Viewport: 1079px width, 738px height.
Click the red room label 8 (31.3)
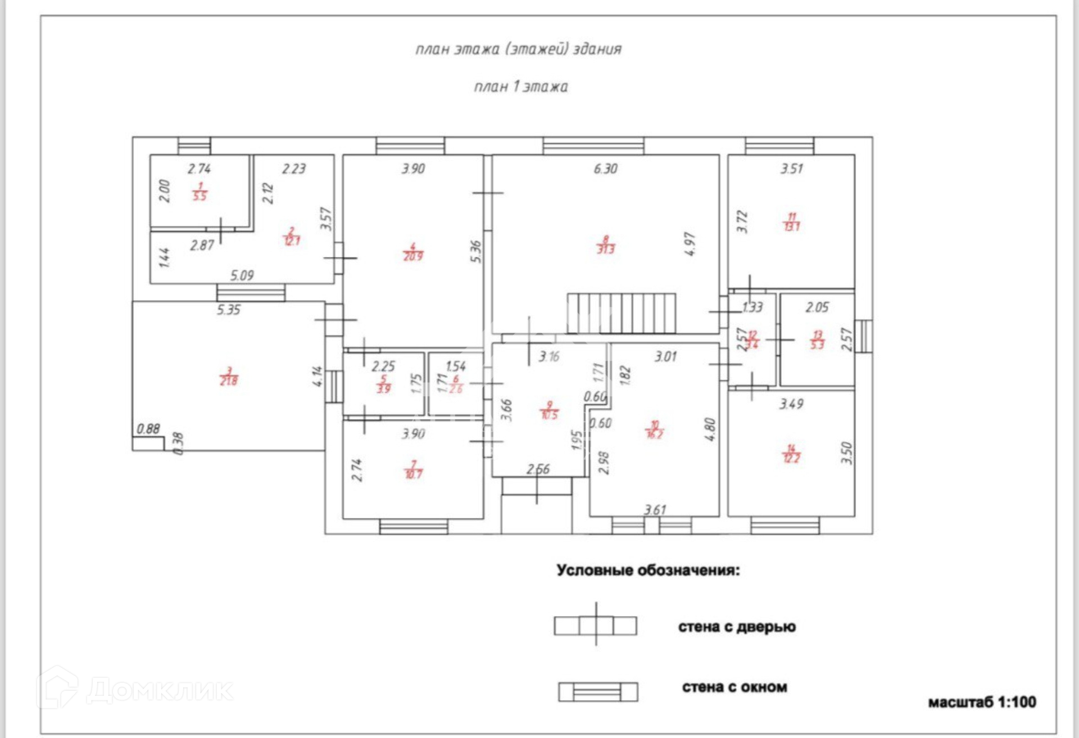605,245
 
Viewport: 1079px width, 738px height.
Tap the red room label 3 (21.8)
229,377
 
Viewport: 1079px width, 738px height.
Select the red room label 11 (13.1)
792,222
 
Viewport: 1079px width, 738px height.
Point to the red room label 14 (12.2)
791,454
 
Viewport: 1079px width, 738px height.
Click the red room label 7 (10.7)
414,470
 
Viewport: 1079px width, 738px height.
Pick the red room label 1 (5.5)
200,192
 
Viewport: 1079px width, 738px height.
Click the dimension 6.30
605,169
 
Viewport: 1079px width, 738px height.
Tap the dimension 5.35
229,310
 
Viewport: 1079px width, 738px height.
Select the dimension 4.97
690,244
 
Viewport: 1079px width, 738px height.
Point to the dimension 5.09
242,275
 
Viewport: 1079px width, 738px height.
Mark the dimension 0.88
148,429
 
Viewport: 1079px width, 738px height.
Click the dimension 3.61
655,510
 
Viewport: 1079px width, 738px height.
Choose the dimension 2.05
817,307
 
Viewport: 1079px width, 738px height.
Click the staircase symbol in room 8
621,313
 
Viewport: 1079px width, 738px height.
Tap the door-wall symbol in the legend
596,625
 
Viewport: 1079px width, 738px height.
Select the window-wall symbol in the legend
598,691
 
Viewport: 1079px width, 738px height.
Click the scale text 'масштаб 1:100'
982,702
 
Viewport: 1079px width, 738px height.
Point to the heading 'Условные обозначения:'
648,571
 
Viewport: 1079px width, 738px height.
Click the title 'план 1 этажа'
521,87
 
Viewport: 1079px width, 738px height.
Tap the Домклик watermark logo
135,689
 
